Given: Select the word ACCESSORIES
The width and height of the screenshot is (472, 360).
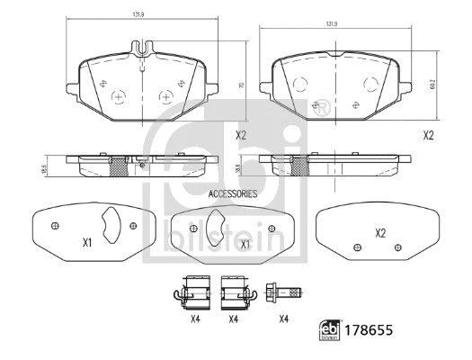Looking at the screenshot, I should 233,193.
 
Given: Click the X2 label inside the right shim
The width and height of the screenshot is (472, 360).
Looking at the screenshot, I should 380,233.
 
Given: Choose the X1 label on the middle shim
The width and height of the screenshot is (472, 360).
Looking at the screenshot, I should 243,244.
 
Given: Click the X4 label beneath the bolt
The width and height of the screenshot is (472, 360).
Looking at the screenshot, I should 284,319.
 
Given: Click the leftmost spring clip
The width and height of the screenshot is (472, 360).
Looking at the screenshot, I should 186,289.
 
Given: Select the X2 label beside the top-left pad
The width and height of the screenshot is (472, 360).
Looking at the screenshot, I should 241,136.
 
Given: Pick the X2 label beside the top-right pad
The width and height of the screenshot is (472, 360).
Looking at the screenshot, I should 428,136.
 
